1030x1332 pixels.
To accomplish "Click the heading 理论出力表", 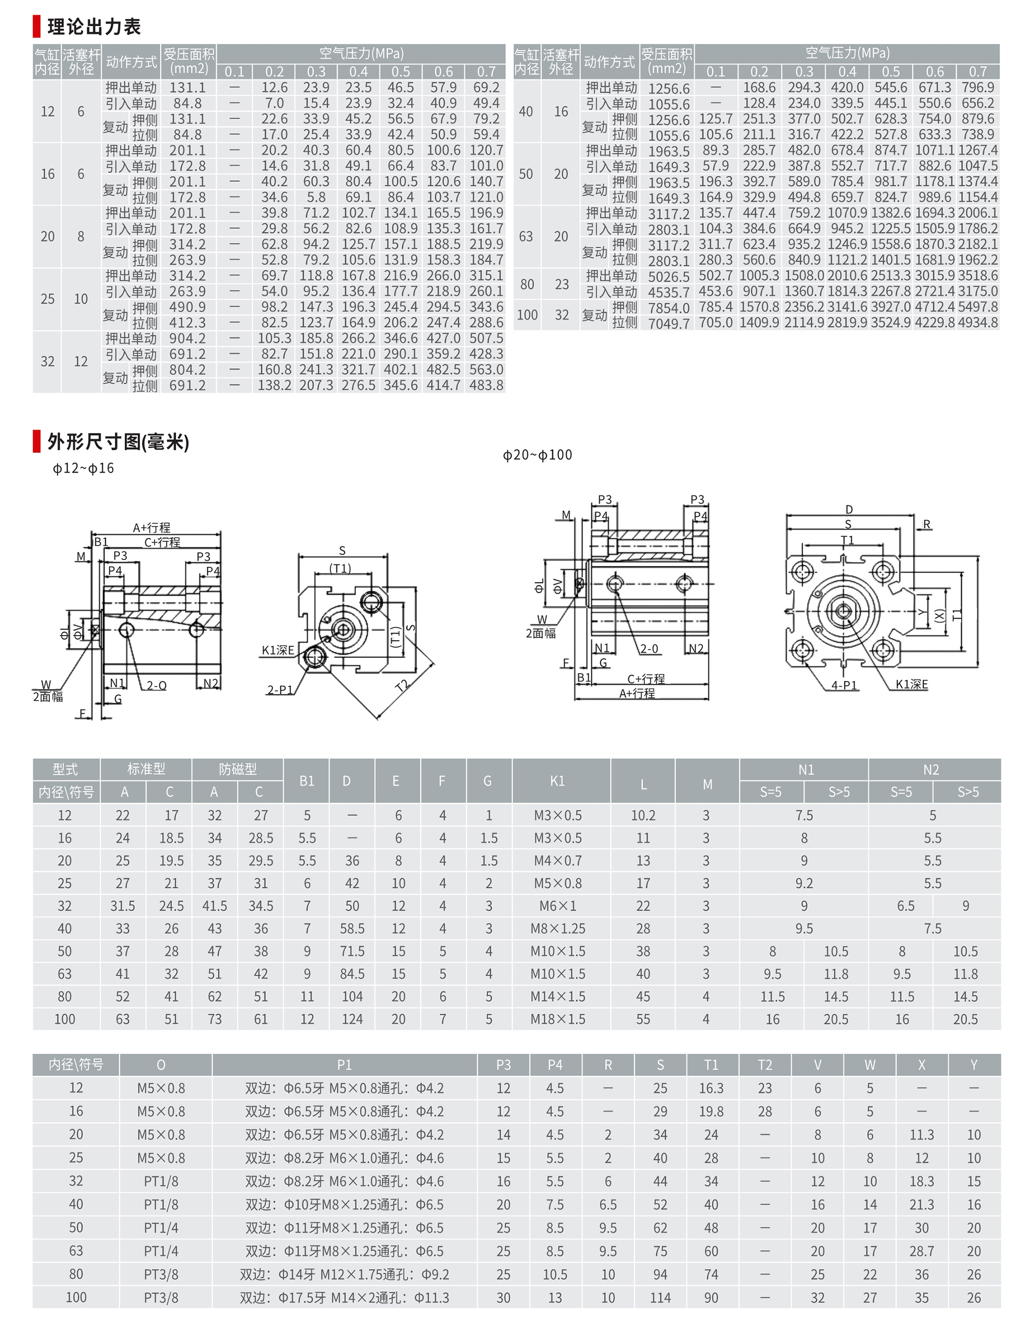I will point(94,27).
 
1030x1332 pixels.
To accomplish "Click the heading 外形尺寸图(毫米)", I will point(118,441).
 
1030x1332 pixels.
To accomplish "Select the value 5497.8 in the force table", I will point(977,307).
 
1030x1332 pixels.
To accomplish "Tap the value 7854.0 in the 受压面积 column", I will point(668,308).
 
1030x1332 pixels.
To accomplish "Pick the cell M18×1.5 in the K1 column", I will point(557,1019).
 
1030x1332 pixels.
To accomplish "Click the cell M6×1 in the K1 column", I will point(557,906).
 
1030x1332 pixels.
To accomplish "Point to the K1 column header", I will point(557,781).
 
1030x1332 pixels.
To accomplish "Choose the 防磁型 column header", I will point(237,769).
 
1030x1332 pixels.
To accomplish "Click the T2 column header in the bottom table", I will point(764,1065).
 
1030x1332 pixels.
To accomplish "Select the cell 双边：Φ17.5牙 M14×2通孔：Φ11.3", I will point(344,1298).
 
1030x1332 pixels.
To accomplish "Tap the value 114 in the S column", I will point(660,1298).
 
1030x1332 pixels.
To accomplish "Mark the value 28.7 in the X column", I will point(921,1251).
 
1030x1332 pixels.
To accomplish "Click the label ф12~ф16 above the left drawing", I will point(83,468).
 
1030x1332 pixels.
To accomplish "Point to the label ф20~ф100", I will point(537,455).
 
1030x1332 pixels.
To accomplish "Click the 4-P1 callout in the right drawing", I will point(844,686).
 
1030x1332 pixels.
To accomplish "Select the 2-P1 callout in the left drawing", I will point(280,690).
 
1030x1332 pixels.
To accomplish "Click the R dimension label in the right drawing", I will point(926,524).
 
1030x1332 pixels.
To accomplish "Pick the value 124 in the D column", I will point(352,1019).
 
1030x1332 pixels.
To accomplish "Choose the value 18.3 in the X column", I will point(921,1182).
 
